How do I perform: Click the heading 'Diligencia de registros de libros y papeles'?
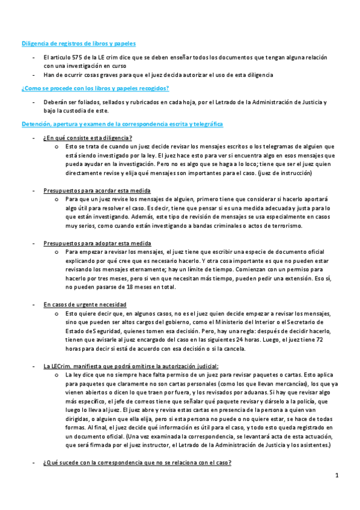(78, 43)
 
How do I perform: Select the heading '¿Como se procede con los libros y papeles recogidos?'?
(87, 88)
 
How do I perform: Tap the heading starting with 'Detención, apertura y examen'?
(122, 124)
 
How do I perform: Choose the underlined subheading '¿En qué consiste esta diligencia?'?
(88, 138)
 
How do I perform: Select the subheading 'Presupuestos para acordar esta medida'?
(97, 190)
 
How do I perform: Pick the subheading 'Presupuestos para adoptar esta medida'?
(97, 243)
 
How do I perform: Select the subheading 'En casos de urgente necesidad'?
(85, 305)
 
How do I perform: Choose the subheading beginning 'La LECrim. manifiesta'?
(131, 366)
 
